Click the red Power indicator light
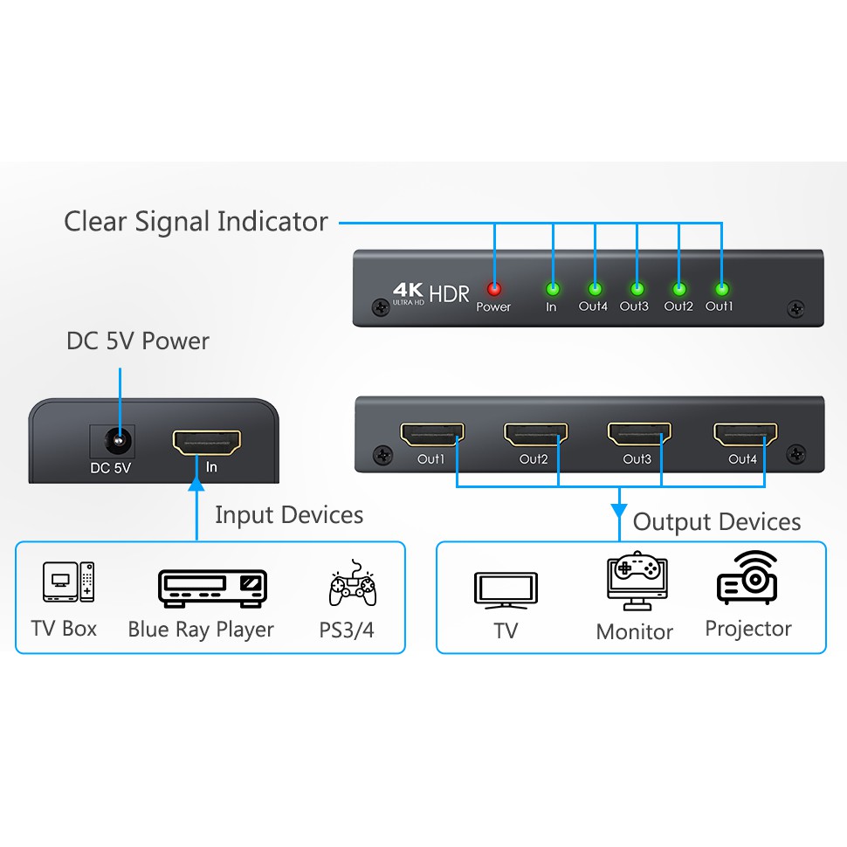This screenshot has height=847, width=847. pyautogui.click(x=494, y=289)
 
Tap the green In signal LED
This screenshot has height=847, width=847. pyautogui.click(x=552, y=289)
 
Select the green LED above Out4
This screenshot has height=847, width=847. pyautogui.click(x=595, y=289)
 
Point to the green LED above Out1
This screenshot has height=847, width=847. pyautogui.click(x=721, y=289)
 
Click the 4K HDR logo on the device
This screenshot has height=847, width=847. pyautogui.click(x=430, y=293)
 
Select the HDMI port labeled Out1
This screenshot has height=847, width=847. pyautogui.click(x=432, y=433)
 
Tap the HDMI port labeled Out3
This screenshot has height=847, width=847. pyautogui.click(x=639, y=433)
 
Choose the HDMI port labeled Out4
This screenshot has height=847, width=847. pyautogui.click(x=745, y=433)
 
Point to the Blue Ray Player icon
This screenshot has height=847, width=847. pyautogui.click(x=212, y=589)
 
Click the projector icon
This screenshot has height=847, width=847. pyautogui.click(x=747, y=578)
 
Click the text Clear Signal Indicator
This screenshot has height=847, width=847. pyautogui.click(x=196, y=222)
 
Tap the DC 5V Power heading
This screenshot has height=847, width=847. pyautogui.click(x=138, y=341)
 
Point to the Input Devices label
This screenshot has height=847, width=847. pyautogui.click(x=289, y=515)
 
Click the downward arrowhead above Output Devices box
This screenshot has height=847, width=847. pyautogui.click(x=619, y=509)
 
